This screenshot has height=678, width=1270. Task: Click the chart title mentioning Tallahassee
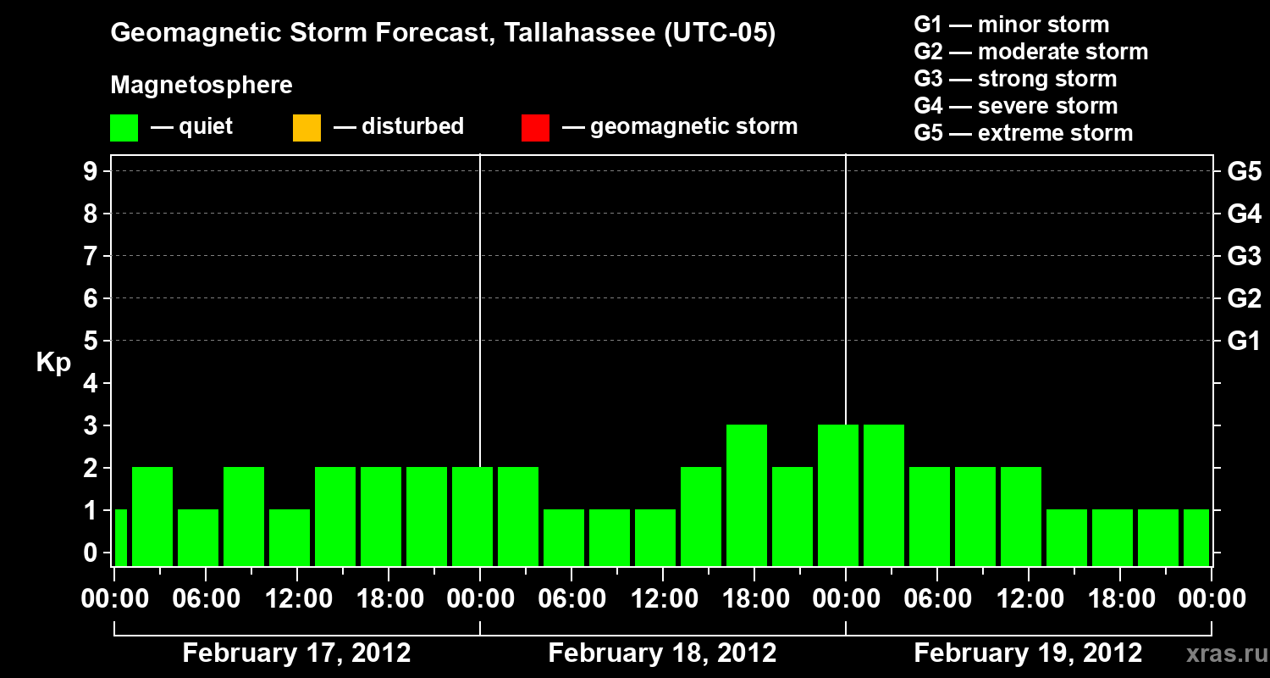coord(443,34)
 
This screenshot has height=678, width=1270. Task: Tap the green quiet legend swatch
coord(124,128)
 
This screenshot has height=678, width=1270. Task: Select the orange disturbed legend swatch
coord(306,128)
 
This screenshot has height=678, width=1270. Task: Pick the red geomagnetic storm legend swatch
coord(535,128)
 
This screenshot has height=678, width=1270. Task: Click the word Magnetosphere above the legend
coord(202,86)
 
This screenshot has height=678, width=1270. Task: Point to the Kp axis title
coord(53,363)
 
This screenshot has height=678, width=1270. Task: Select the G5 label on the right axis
coord(1244,172)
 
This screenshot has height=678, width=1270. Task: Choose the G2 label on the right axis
coord(1244,299)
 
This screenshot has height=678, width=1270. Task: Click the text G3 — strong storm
coord(1015,79)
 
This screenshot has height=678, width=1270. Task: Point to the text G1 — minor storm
coord(1011,25)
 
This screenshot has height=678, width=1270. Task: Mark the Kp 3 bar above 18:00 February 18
coord(747,495)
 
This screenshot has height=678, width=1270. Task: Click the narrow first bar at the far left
coord(120,537)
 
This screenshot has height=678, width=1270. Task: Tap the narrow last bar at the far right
coord(1195,537)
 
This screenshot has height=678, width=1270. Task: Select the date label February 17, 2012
coord(296,653)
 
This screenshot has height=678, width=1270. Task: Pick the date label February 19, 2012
coord(1028,653)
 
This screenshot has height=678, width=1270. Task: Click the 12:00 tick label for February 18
coord(662,600)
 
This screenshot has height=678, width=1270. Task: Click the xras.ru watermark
coord(1220,653)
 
